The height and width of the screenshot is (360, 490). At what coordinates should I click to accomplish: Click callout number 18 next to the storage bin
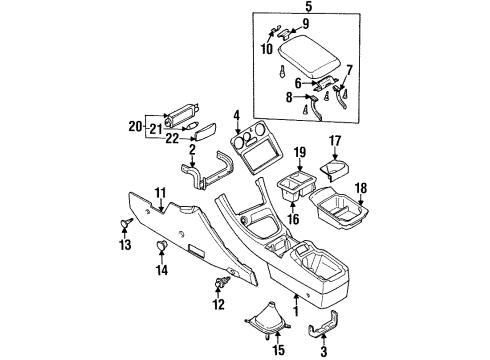[x=363, y=187]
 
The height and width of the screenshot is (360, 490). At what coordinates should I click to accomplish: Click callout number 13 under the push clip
[x=124, y=245]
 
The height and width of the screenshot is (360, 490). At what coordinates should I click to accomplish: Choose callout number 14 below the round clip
[x=160, y=270]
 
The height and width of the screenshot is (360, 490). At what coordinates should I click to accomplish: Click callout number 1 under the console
[x=297, y=299]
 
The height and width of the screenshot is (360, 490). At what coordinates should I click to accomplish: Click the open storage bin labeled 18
[x=335, y=211]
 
